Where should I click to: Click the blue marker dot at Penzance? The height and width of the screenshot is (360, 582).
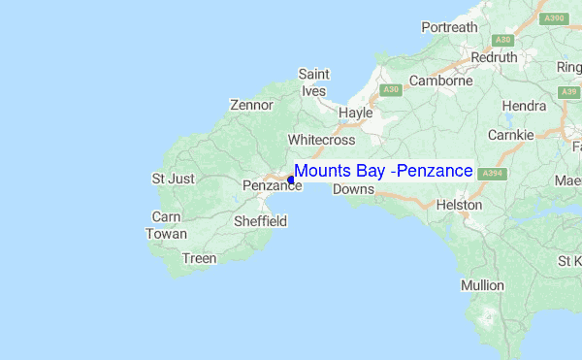click(291, 180)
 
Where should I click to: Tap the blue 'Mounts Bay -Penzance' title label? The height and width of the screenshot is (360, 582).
click(383, 171)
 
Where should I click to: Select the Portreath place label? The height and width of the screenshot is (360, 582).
click(450, 27)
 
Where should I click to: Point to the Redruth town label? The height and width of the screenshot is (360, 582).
click(495, 57)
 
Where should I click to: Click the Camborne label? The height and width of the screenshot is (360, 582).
click(440, 82)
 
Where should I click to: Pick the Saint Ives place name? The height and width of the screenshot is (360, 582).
click(314, 82)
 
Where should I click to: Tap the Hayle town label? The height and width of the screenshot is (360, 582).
click(356, 113)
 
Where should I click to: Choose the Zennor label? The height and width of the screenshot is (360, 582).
click(251, 105)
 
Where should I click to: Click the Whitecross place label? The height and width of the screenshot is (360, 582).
click(322, 140)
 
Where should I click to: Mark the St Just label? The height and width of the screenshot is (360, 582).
click(174, 179)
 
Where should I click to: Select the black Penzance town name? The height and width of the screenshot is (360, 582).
click(265, 185)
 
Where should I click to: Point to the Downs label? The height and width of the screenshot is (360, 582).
click(353, 189)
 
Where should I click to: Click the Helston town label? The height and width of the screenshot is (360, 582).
click(460, 206)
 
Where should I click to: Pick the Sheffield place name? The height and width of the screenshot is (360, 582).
click(261, 221)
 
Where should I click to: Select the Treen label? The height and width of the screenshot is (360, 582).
click(199, 258)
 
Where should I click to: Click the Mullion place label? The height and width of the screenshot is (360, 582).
click(482, 285)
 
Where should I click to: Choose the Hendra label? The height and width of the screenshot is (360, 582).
click(525, 105)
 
